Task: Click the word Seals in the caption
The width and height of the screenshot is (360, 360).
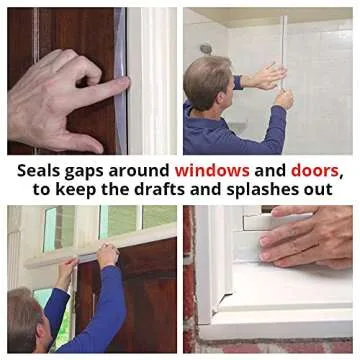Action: click(x=37, y=171)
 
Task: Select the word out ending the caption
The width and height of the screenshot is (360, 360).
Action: click(x=321, y=190)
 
